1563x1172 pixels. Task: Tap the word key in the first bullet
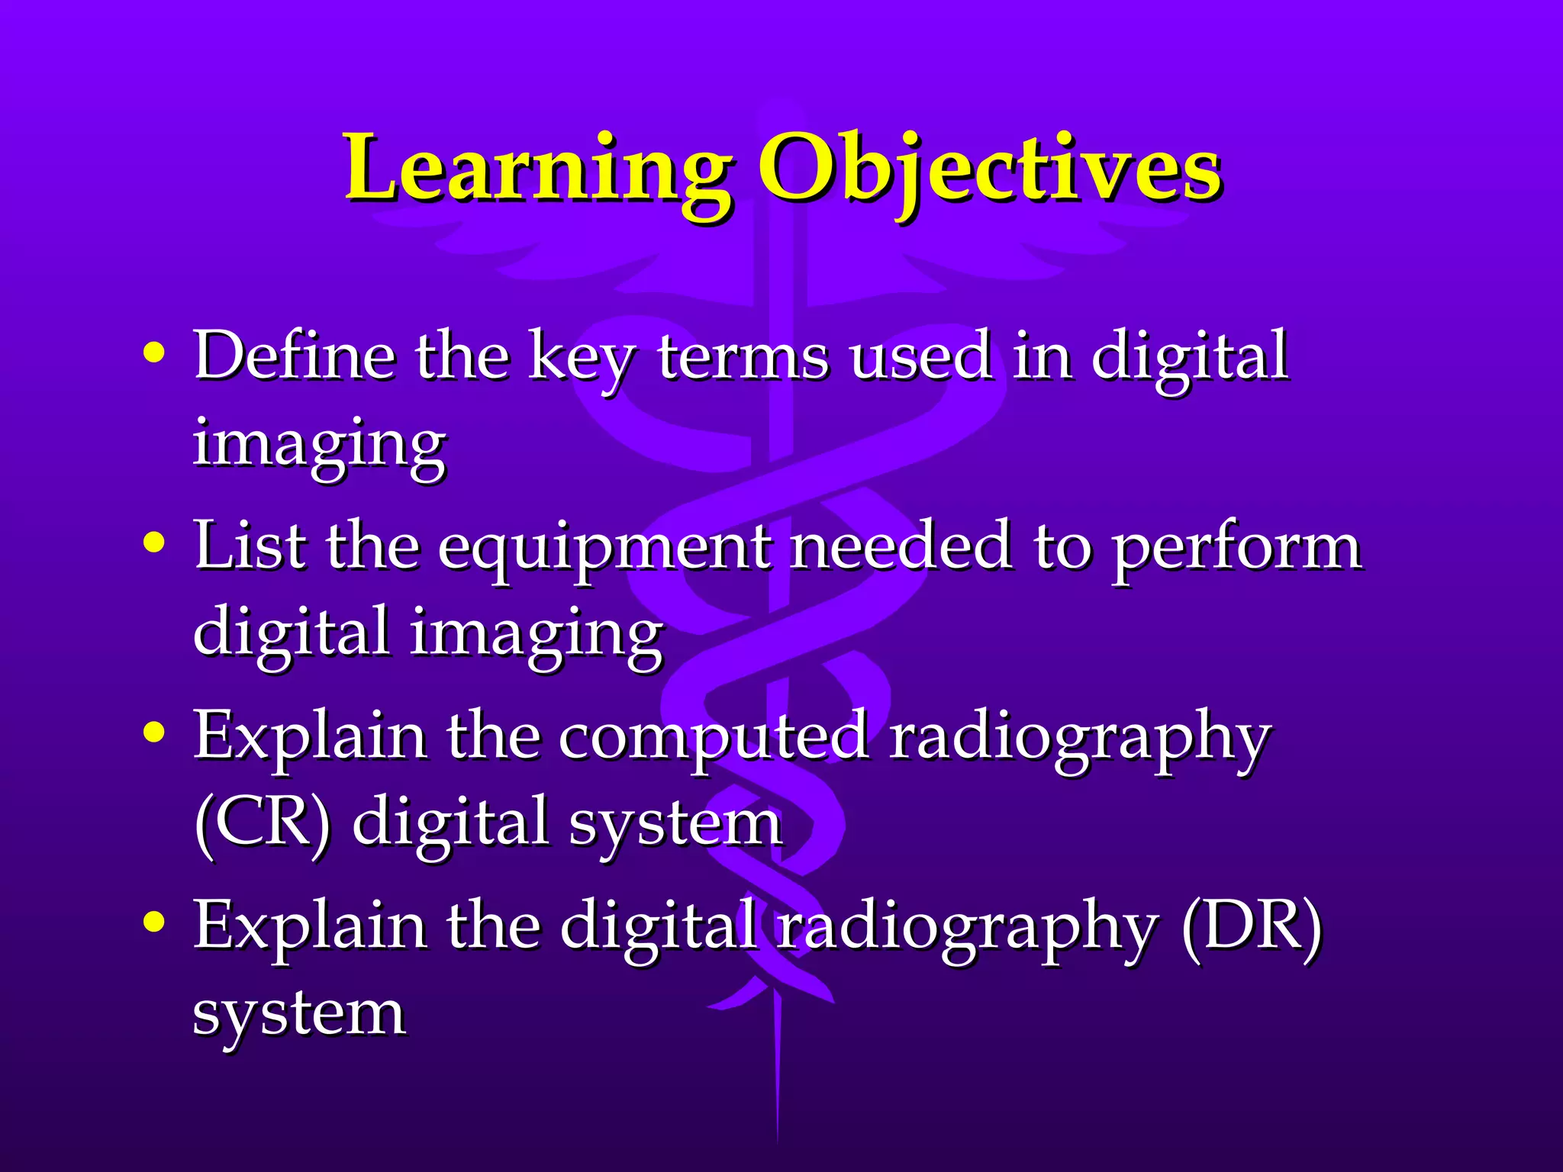click(581, 359)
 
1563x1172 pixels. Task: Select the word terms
click(743, 357)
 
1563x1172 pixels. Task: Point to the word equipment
click(604, 549)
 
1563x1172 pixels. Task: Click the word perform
click(1236, 549)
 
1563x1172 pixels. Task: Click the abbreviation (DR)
click(1251, 926)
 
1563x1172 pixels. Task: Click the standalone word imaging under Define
click(319, 444)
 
